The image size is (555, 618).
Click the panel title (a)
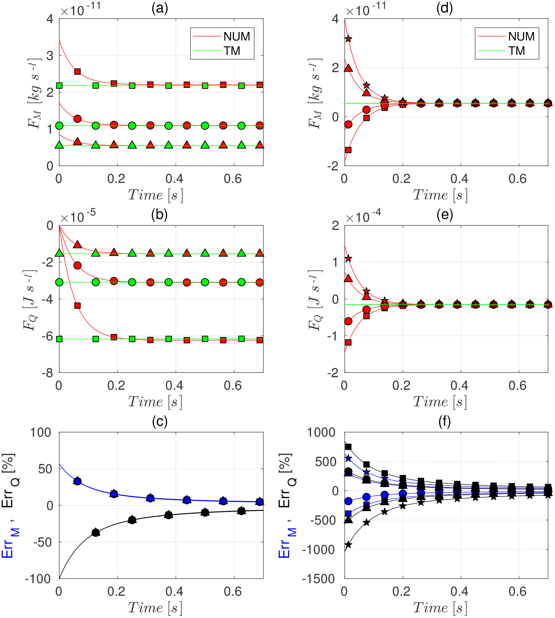tap(159, 9)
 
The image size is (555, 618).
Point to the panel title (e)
tap(445, 215)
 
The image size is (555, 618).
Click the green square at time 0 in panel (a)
tap(59, 86)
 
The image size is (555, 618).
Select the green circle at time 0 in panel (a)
tap(59, 126)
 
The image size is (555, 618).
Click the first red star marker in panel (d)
tap(348, 39)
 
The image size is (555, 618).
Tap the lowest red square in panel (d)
tap(348, 150)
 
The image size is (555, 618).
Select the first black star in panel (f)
tap(348, 545)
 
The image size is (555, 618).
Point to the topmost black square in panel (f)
tap(348, 447)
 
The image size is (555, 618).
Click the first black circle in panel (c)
tap(96, 533)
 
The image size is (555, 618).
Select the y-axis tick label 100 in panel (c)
tap(41, 433)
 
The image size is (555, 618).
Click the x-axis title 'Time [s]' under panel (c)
tap(155, 608)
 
